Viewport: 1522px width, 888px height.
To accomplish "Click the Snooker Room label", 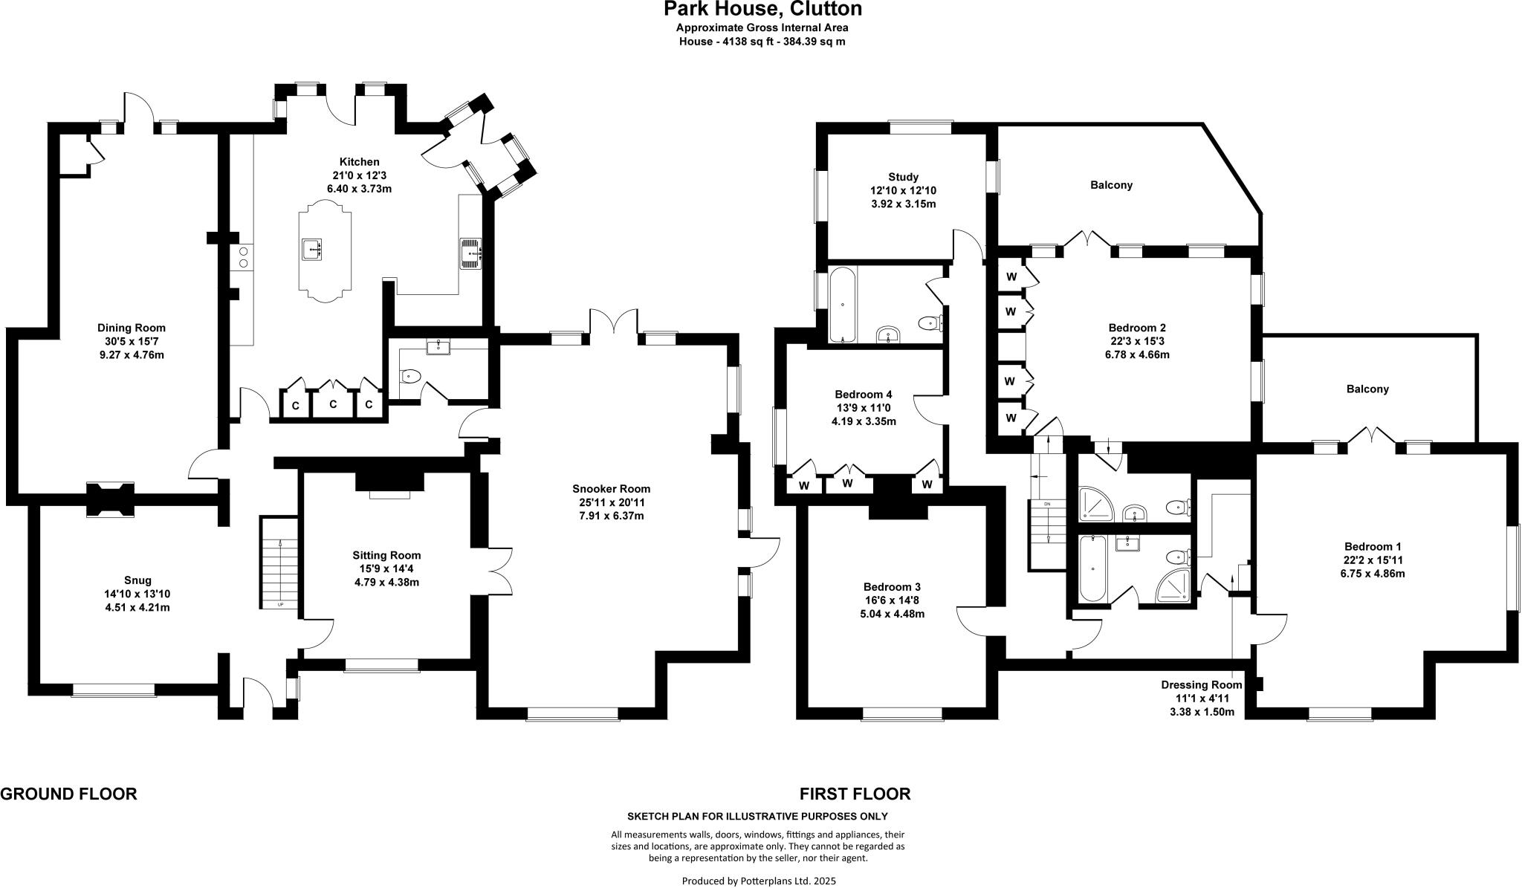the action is [611, 488].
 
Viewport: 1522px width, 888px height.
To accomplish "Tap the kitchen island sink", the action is [313, 249].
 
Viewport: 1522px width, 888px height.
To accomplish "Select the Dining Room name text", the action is [132, 328].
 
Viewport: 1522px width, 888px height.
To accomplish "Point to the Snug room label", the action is [138, 580].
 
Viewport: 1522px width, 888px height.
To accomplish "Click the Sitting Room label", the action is [386, 555].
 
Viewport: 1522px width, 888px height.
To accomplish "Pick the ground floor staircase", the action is [279, 563].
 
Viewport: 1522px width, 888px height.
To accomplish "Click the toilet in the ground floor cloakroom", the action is [409, 377].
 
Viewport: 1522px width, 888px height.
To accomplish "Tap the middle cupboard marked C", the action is [333, 405].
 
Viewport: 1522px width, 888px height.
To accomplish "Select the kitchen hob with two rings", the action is [242, 257].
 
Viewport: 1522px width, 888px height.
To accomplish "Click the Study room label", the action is [903, 177].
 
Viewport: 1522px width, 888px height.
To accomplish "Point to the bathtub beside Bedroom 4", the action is [842, 305].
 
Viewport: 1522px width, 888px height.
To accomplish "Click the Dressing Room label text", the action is [1202, 684].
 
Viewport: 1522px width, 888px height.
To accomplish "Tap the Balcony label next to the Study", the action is [1111, 185].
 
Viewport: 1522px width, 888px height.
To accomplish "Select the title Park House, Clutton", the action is [762, 9].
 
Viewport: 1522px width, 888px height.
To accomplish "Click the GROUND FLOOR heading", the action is [68, 794].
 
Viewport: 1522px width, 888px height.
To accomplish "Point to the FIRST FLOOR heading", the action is [855, 794].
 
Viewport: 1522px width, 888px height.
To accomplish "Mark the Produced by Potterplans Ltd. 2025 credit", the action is [759, 881].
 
